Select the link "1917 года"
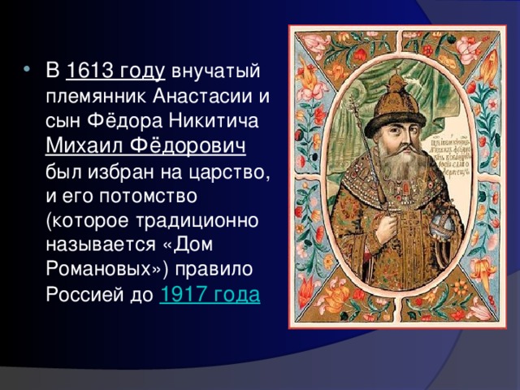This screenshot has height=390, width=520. (x=210, y=294)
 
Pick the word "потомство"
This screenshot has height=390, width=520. (x=165, y=197)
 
